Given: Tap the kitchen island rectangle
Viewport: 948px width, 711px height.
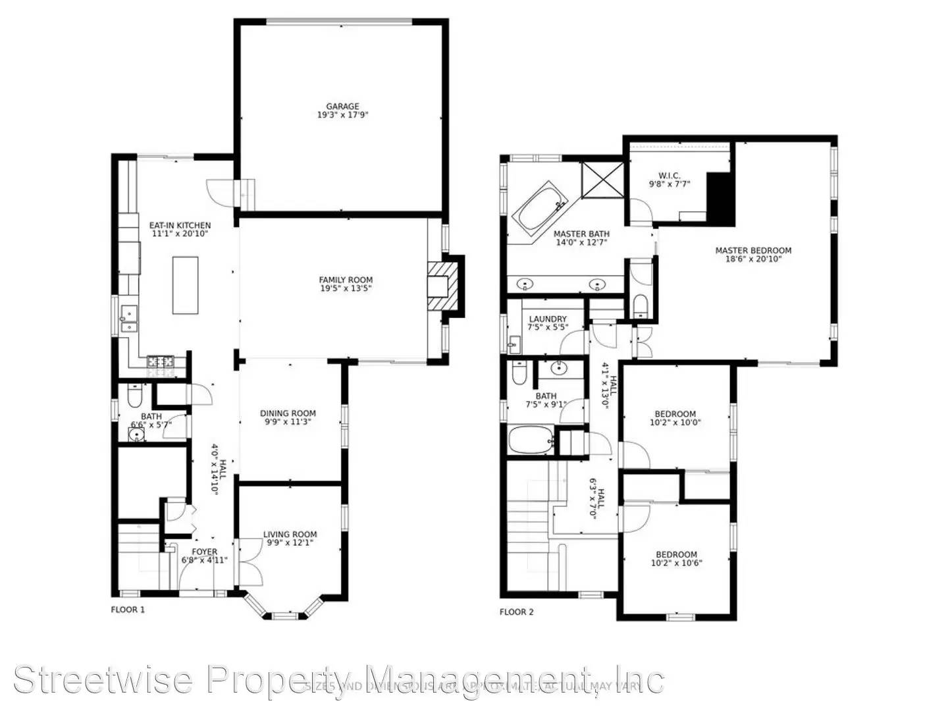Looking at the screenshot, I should (x=186, y=284).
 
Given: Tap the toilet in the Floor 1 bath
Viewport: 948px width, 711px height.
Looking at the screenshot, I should (x=134, y=396).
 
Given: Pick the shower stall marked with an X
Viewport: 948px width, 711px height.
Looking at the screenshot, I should (x=601, y=179).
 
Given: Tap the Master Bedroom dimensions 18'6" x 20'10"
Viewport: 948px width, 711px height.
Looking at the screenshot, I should (x=753, y=259).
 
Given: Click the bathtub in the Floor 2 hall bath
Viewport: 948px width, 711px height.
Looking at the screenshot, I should (x=531, y=440).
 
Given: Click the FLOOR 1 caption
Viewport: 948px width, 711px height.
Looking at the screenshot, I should (x=128, y=610).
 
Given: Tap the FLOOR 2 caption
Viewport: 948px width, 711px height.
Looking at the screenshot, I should (x=517, y=612).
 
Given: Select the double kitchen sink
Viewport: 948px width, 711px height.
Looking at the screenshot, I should (x=128, y=319).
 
